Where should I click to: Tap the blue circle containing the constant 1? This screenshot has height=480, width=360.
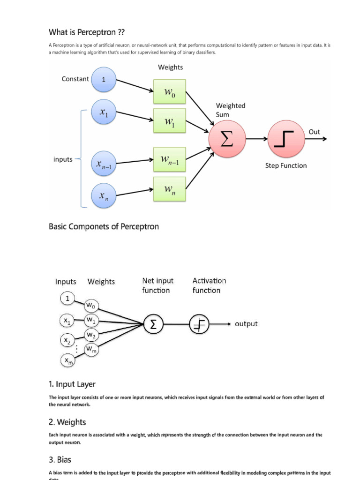[104, 80]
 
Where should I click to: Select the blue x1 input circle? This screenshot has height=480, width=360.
[104, 112]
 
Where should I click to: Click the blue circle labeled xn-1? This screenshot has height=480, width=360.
[104, 164]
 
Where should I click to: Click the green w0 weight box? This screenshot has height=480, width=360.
[169, 91]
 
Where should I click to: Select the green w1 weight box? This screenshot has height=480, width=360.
[169, 121]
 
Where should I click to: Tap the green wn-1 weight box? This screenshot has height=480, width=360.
[169, 160]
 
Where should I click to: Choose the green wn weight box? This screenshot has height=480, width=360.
[169, 189]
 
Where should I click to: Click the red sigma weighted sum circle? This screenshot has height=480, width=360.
[227, 139]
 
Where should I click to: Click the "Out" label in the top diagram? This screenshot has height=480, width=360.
[314, 132]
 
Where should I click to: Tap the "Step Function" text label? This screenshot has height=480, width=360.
[286, 165]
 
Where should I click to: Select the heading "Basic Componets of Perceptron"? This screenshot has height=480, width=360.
[104, 227]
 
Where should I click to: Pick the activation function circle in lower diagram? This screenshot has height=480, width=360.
[200, 324]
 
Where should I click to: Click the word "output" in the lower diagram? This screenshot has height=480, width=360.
[246, 324]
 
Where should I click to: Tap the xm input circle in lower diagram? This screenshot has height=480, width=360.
[68, 360]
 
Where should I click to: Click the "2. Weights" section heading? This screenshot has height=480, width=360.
[67, 422]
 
